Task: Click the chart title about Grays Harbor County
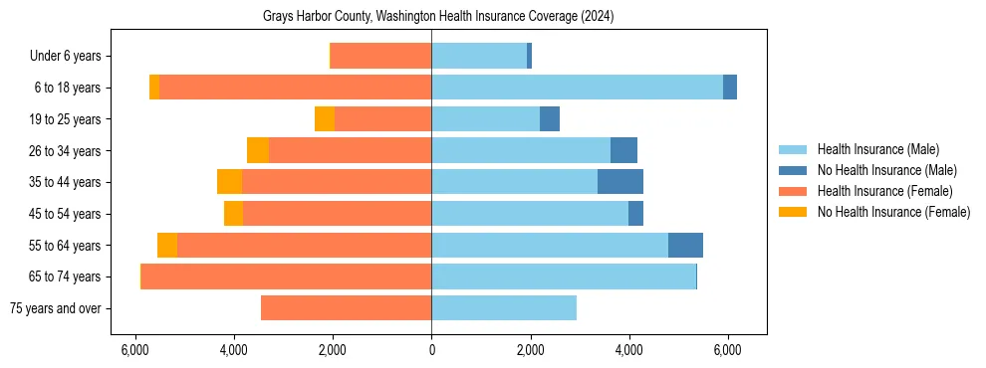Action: pos(438,17)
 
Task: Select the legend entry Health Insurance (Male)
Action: pos(877,149)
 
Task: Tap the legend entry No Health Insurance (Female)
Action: pos(893,212)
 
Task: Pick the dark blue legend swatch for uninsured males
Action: pos(793,170)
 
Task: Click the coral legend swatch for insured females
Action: pos(793,191)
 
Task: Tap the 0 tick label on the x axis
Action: pos(431,350)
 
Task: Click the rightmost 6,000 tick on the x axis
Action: pos(728,350)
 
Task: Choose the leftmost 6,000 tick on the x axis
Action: pos(134,350)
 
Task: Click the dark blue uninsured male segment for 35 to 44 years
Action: pos(620,182)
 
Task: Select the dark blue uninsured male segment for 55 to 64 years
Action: pos(685,245)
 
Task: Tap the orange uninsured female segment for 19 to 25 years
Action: pos(325,119)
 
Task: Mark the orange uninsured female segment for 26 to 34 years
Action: pos(258,150)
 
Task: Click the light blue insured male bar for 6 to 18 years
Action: pos(578,88)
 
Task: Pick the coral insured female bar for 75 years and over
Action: pos(347,308)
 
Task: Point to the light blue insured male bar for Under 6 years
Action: pos(479,57)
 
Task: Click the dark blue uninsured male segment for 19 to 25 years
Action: pos(550,119)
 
